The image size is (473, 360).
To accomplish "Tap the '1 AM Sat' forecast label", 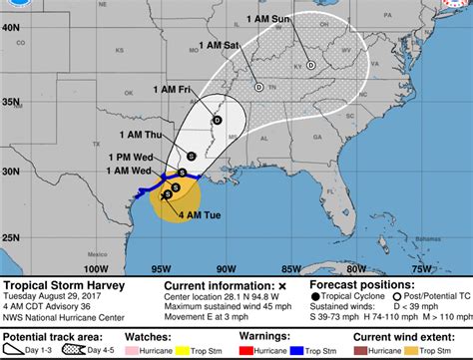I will click(x=220, y=46).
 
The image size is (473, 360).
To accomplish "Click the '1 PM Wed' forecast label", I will click(x=129, y=157).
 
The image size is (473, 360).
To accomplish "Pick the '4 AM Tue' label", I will click(x=199, y=212).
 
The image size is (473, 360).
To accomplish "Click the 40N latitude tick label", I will click(x=13, y=28).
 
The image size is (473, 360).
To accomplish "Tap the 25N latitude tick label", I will click(x=13, y=237).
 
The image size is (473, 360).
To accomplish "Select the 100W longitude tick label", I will click(x=96, y=267).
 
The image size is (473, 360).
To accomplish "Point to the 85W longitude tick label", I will click(x=291, y=267).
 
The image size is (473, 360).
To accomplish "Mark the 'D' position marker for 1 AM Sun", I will click(x=310, y=65).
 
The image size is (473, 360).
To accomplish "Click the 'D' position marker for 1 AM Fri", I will click(x=217, y=121).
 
